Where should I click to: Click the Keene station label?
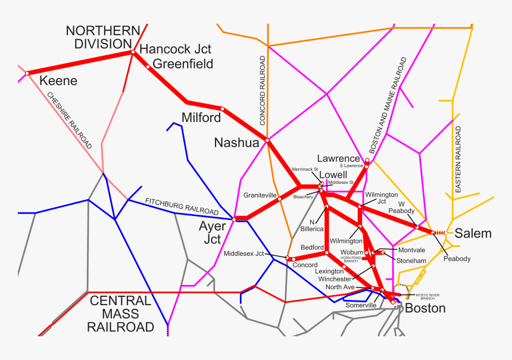click(x=58, y=80)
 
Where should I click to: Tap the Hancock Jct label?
click(x=175, y=49)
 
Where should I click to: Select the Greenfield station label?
click(x=183, y=64)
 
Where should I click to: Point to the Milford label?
click(x=201, y=117)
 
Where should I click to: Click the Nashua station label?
click(x=236, y=143)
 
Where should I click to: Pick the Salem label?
click(x=473, y=233)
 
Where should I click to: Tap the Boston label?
click(x=425, y=308)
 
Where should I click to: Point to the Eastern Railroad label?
click(x=458, y=159)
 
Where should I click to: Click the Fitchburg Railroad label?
click(x=182, y=206)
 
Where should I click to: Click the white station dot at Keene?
click(x=27, y=73)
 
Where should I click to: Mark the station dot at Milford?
click(x=222, y=109)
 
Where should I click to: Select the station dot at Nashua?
click(x=267, y=140)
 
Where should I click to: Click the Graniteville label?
click(x=260, y=195)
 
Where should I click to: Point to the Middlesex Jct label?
click(x=243, y=254)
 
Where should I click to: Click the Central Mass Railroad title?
click(x=120, y=314)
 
